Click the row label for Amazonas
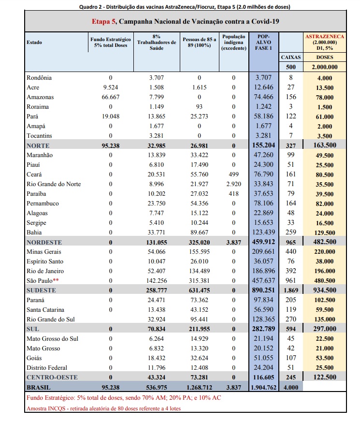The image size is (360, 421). (x=40, y=97)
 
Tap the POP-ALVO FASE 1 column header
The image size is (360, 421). (x=264, y=42)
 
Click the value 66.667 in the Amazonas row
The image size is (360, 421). (x=111, y=97)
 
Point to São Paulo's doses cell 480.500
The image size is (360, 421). (x=324, y=281)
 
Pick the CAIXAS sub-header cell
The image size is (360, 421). (x=290, y=57)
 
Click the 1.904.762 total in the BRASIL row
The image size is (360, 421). (x=264, y=387)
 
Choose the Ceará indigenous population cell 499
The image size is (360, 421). (x=233, y=174)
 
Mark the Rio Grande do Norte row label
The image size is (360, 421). (x=54, y=184)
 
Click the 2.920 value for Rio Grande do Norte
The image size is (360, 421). (x=233, y=184)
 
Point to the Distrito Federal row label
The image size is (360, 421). (x=47, y=368)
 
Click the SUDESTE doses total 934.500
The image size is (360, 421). (x=324, y=290)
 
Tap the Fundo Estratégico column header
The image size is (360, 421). (x=111, y=42)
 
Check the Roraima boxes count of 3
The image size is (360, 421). (x=290, y=107)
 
